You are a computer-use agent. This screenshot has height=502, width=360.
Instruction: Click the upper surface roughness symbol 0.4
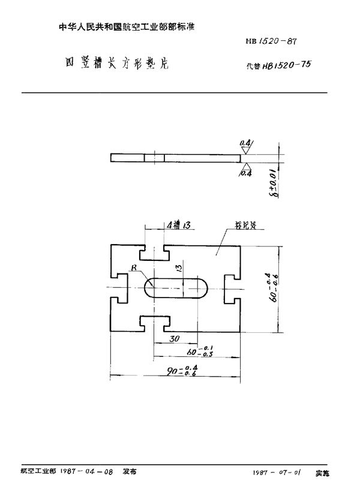[246, 143]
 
